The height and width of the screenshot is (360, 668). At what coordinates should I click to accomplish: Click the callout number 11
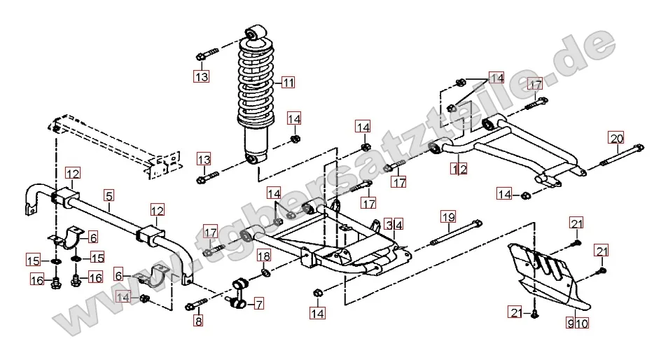(288, 83)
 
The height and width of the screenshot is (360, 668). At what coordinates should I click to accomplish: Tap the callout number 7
(258, 304)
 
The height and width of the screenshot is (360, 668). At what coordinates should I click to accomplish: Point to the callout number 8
(198, 322)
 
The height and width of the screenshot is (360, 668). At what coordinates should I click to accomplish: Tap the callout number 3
(389, 225)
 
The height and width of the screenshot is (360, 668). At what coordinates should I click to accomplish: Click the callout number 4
(398, 225)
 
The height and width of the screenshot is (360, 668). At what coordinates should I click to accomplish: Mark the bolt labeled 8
(198, 305)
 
